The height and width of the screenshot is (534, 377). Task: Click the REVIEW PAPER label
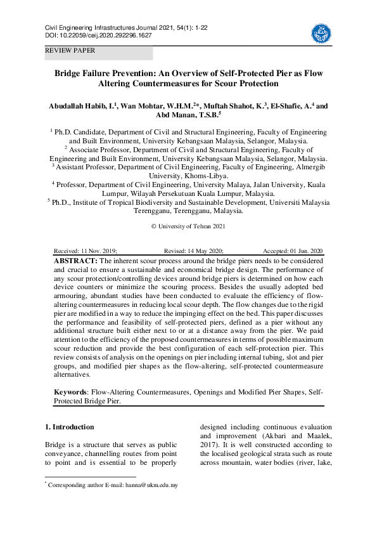[x=70, y=50]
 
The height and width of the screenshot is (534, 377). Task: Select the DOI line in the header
[x=98, y=36]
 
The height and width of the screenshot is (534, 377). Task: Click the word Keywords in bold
[x=70, y=393]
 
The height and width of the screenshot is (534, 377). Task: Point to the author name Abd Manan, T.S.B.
[x=187, y=115]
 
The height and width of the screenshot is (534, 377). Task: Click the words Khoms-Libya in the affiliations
[x=205, y=175]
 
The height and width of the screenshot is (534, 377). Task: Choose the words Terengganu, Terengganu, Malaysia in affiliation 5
[x=188, y=211]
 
